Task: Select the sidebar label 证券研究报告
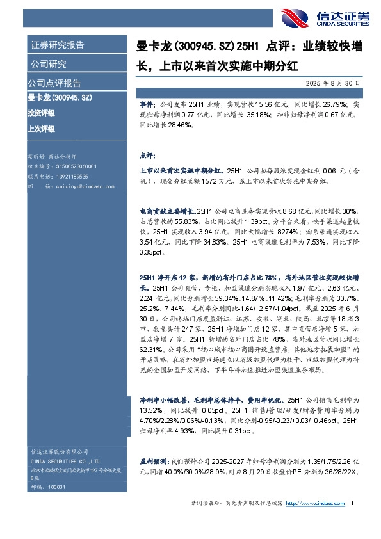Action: tap(57, 45)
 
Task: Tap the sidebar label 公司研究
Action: tap(48, 63)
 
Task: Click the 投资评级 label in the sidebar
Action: tap(42, 113)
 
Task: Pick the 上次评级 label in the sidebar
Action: tap(42, 129)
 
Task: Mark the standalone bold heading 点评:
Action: tap(147, 155)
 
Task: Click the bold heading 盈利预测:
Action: tap(154, 460)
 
